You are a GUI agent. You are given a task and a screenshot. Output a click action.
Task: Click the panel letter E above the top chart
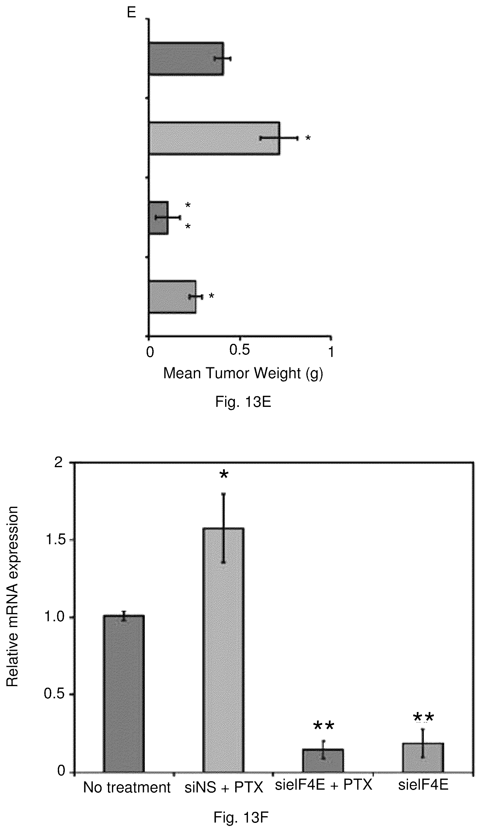pyautogui.click(x=131, y=12)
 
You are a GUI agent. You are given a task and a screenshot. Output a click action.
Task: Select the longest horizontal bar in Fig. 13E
pyautogui.click(x=214, y=138)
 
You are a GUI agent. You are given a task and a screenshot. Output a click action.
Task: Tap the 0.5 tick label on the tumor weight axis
pyautogui.click(x=239, y=350)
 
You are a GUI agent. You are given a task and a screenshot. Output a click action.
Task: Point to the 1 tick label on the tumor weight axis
pyautogui.click(x=331, y=352)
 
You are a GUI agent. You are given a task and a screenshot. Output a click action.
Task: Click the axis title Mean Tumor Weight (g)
pyautogui.click(x=243, y=374)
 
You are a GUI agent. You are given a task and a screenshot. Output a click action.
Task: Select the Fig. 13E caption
pyautogui.click(x=243, y=402)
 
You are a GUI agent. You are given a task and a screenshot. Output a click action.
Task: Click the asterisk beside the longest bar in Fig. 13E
pyautogui.click(x=308, y=138)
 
